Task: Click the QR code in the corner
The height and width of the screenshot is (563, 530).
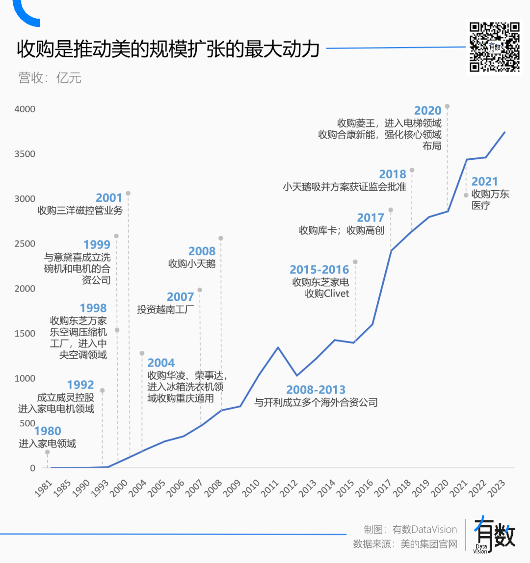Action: pyautogui.click(x=494, y=47)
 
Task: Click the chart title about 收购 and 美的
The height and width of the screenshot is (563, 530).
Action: pyautogui.click(x=168, y=49)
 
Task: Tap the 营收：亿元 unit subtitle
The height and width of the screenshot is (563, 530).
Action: pyautogui.click(x=50, y=78)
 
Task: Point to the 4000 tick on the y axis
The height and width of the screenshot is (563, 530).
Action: pyautogui.click(x=25, y=109)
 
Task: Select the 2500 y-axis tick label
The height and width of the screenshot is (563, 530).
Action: pyautogui.click(x=25, y=244)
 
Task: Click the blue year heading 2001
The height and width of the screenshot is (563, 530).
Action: pyautogui.click(x=108, y=197)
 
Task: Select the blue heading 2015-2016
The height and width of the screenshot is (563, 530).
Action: pyautogui.click(x=319, y=269)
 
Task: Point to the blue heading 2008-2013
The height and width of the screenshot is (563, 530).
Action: pyautogui.click(x=316, y=390)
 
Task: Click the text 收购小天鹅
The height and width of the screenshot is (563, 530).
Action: pyautogui.click(x=192, y=264)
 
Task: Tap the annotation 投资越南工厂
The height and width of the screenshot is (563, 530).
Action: pyautogui.click(x=165, y=309)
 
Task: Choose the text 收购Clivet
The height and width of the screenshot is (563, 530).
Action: pyautogui.click(x=327, y=294)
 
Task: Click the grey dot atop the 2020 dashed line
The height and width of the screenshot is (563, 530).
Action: pyautogui.click(x=447, y=106)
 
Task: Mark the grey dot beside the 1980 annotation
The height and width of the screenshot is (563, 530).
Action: pyautogui.click(x=48, y=452)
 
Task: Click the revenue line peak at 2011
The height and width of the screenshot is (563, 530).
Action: pyautogui.click(x=278, y=347)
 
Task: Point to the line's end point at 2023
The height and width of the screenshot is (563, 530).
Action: pyautogui.click(x=504, y=132)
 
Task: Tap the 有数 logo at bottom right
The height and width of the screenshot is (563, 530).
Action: pyautogui.click(x=494, y=535)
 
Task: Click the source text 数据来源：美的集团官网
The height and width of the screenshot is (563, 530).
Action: pyautogui.click(x=405, y=544)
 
